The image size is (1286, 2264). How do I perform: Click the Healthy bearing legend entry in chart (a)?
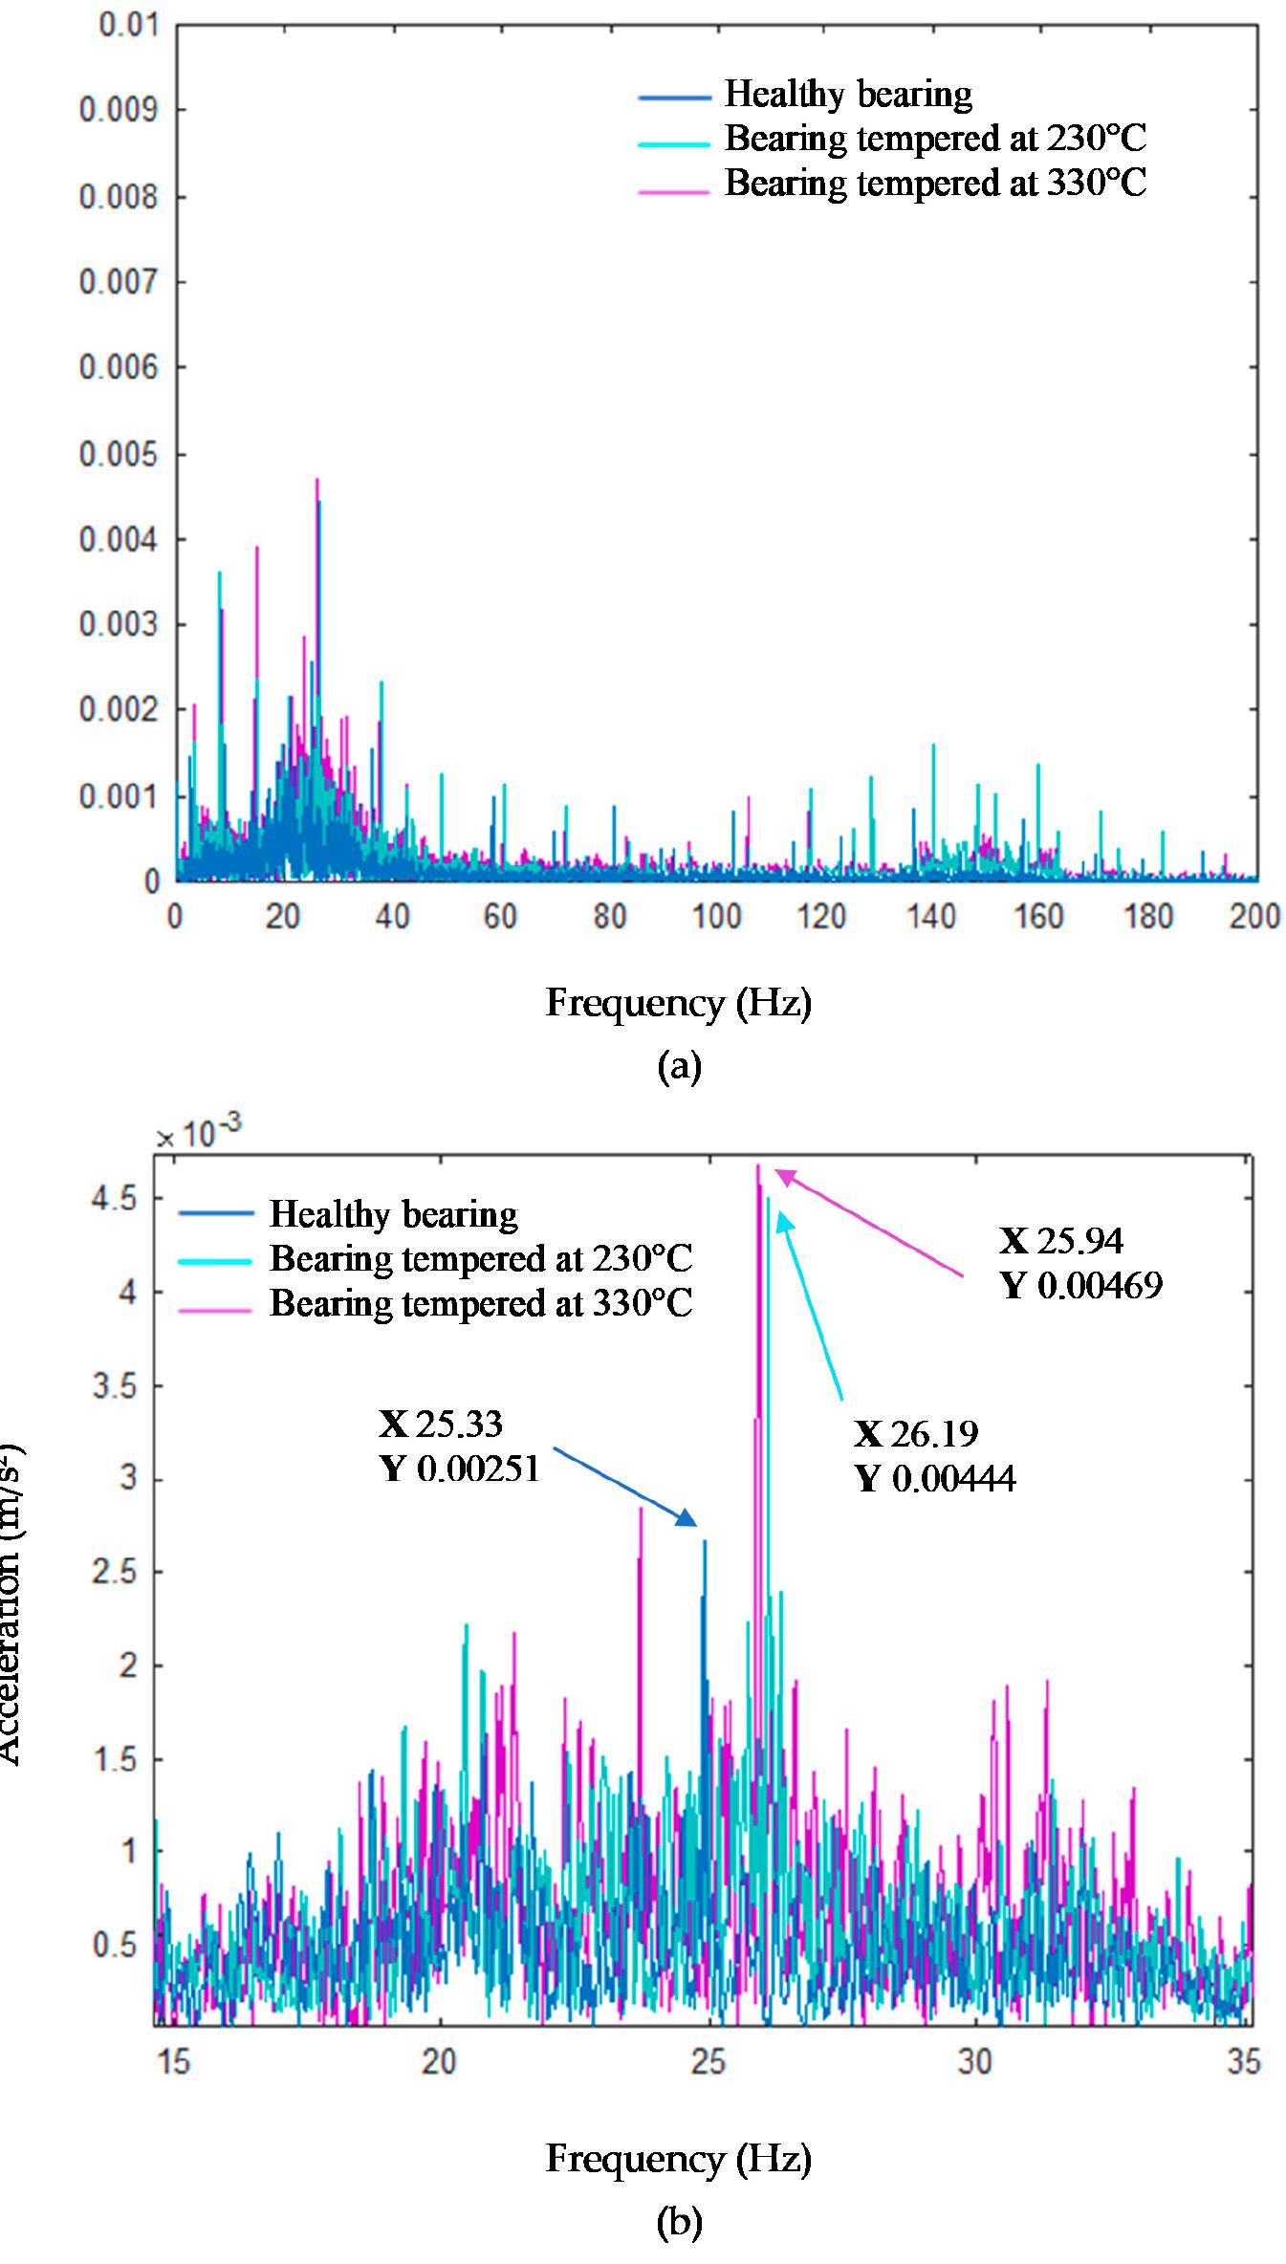(847, 95)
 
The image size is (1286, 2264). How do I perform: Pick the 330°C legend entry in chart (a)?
(934, 183)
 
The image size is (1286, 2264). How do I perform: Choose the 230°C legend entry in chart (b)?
(480, 1258)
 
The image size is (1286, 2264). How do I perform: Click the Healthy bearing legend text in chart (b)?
(393, 1214)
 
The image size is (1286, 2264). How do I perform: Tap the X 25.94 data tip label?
(1061, 1241)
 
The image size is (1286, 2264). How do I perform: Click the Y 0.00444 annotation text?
(935, 1479)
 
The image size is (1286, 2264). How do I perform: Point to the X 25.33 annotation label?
(441, 1425)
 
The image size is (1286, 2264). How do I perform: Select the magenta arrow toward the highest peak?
(868, 1224)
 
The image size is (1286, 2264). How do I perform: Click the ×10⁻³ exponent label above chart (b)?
(199, 1135)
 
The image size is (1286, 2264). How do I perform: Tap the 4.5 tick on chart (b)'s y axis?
(113, 1199)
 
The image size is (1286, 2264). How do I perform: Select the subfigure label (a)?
(679, 1065)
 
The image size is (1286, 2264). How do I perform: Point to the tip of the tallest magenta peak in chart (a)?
(316, 480)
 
